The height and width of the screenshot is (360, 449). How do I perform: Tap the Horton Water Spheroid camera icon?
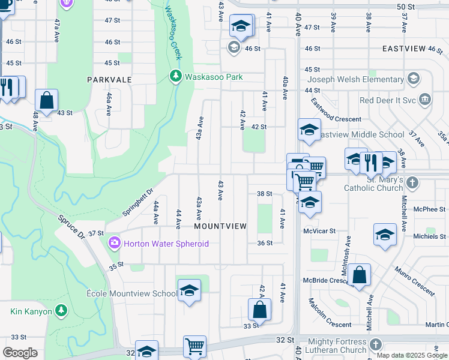pyautogui.click(x=113, y=243)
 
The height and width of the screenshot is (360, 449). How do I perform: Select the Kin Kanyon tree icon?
pyautogui.click(x=61, y=310)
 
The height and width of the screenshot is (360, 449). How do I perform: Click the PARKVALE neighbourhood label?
pyautogui.click(x=109, y=79)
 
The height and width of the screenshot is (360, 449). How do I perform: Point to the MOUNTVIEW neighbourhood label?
pyautogui.click(x=220, y=226)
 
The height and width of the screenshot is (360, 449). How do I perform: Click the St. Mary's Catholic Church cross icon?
pyautogui.click(x=412, y=182)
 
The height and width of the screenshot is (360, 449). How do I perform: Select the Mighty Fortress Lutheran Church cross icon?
pyautogui.click(x=376, y=344)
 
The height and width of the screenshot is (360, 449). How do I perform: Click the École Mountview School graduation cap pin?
pyautogui.click(x=189, y=290)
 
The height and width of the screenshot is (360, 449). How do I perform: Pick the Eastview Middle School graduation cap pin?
pyautogui.click(x=309, y=130)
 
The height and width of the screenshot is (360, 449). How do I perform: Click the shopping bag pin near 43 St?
pyautogui.click(x=46, y=100)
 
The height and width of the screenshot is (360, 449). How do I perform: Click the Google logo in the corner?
pyautogui.click(x=20, y=353)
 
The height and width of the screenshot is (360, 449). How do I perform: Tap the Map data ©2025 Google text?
pyautogui.click(x=411, y=355)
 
